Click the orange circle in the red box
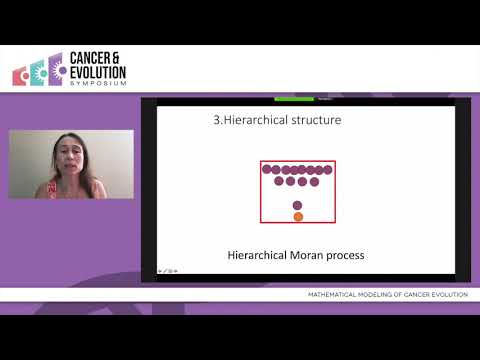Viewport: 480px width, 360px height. [298, 216]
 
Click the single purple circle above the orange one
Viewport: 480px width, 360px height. [298, 205]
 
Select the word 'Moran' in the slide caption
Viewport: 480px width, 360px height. [306, 255]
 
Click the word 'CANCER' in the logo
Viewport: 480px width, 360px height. [96, 59]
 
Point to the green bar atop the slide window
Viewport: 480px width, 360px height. [294, 98]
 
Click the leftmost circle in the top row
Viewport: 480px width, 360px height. [268, 169]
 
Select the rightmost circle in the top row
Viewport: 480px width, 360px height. [327, 169]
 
